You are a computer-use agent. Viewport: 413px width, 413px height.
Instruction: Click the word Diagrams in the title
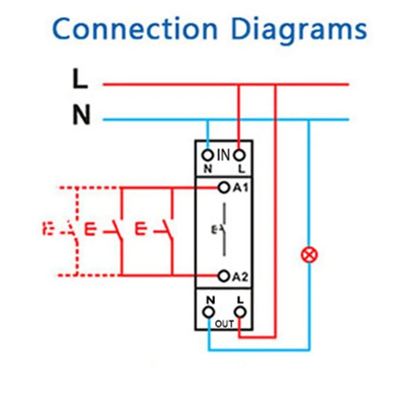click(299, 30)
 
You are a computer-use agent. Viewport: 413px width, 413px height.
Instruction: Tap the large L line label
click(80, 81)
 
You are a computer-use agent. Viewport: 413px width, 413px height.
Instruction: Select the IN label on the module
click(223, 154)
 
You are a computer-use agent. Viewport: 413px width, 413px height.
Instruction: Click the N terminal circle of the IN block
click(208, 155)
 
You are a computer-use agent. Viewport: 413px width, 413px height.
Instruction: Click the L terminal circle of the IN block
click(239, 155)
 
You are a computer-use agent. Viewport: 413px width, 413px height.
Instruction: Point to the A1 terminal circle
click(224, 187)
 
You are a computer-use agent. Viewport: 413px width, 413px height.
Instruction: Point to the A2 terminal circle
click(224, 276)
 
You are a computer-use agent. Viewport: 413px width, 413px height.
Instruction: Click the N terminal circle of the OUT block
click(209, 311)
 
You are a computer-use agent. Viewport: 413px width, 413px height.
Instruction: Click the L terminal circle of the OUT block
click(239, 311)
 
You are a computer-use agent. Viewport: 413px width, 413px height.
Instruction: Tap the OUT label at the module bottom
click(224, 324)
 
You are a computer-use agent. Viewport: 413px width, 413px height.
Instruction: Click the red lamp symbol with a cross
click(309, 253)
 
